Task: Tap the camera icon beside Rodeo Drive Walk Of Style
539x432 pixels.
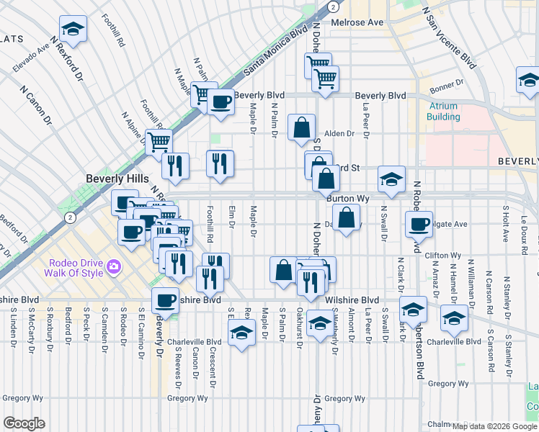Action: click(x=113, y=268)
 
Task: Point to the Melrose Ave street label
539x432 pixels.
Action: click(x=357, y=22)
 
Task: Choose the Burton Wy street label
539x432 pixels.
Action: click(x=347, y=197)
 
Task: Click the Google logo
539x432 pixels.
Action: click(x=24, y=423)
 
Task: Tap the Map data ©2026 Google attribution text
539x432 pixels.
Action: click(x=494, y=426)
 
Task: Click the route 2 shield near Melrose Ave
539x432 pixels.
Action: click(x=332, y=6)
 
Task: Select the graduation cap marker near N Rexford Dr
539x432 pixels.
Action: click(x=73, y=30)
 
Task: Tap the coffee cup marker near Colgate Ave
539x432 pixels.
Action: click(x=419, y=224)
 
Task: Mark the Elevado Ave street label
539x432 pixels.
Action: click(x=31, y=58)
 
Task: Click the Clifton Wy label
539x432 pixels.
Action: click(x=443, y=256)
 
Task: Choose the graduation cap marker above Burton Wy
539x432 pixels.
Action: click(x=391, y=179)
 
